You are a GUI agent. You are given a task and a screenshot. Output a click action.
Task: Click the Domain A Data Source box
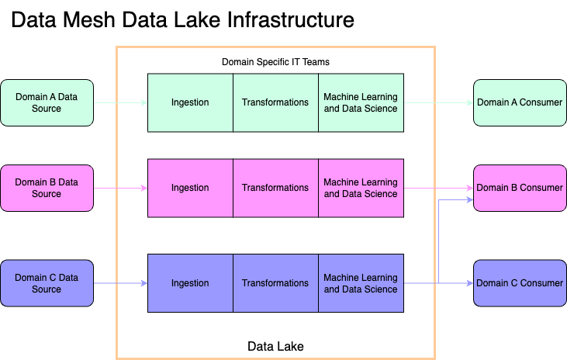pos(47,102)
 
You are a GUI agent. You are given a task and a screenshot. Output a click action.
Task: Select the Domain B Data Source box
pos(47,188)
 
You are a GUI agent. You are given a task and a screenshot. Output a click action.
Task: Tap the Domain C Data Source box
pos(47,283)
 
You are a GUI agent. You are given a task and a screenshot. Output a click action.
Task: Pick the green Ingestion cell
pos(190,102)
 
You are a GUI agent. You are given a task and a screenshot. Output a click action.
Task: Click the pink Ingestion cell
pos(190,188)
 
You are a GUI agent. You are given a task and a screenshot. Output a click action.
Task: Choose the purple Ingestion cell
pos(190,283)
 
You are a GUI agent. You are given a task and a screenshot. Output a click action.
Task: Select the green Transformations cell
pos(275,102)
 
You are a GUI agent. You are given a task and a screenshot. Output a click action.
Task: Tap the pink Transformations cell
pos(275,188)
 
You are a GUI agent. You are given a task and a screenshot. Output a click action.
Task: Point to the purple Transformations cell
pos(275,283)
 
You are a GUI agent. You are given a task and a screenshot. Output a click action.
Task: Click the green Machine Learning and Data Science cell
pos(361,102)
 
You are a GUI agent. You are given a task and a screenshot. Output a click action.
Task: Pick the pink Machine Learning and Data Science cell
pos(361,188)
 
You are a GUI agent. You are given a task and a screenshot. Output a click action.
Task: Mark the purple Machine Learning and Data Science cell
pos(361,283)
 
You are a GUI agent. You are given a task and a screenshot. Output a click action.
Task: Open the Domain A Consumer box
pos(520,102)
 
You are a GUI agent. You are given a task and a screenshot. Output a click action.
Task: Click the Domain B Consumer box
pos(520,188)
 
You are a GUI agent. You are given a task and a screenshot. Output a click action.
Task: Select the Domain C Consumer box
pos(520,283)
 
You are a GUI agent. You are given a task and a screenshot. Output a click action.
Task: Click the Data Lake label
pos(275,345)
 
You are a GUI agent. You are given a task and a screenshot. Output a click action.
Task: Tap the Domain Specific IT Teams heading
pos(275,61)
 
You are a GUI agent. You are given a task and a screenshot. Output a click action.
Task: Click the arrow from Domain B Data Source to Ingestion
pos(120,188)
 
